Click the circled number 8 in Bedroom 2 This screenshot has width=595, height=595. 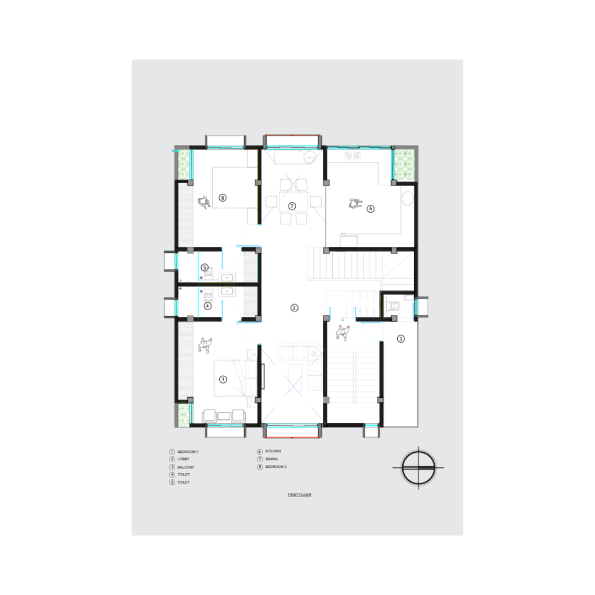click(x=223, y=198)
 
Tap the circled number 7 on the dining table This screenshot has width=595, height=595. click(x=292, y=206)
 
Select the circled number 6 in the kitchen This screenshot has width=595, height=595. click(x=370, y=209)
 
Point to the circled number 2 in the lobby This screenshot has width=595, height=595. click(x=294, y=308)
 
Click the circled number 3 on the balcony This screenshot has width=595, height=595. click(x=401, y=338)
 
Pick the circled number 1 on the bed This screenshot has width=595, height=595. click(x=223, y=379)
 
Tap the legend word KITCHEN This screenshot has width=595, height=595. click(x=273, y=451)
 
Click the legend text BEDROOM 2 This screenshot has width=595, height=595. click(x=276, y=467)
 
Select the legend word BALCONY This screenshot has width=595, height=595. click(x=186, y=467)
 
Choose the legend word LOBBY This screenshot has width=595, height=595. click(x=183, y=459)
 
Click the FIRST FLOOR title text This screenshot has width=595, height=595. click(x=299, y=494)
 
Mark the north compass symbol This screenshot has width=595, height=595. click(x=419, y=468)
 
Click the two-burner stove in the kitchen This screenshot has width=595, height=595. click(x=353, y=155)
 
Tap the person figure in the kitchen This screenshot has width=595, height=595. click(x=355, y=204)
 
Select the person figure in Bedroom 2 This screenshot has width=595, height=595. click(x=204, y=202)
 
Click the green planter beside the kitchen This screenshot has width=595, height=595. click(x=404, y=164)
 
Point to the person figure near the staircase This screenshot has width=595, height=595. click(x=343, y=333)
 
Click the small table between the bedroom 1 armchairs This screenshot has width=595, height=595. click(x=224, y=416)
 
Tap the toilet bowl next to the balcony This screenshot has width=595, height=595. click(x=393, y=306)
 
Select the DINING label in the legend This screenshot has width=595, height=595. click(x=271, y=459)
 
